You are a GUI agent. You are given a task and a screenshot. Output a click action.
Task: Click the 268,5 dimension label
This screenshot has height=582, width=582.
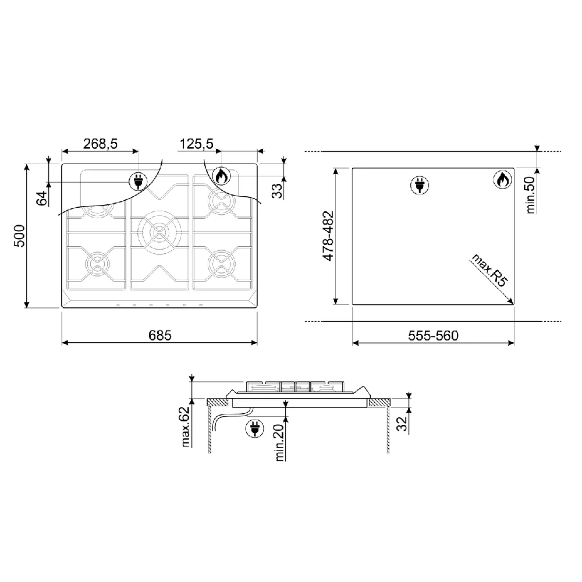[x=100, y=144]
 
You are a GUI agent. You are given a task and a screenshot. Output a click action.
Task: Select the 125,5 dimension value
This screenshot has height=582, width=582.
[x=196, y=144]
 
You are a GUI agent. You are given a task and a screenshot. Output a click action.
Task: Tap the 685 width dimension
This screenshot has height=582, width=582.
[x=160, y=336]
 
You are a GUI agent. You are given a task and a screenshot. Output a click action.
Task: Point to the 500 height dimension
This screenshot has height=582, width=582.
[x=19, y=236]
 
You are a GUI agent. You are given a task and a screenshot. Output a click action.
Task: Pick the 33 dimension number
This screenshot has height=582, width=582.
[x=277, y=191]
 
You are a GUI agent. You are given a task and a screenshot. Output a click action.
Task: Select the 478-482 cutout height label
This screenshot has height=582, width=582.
[x=328, y=236]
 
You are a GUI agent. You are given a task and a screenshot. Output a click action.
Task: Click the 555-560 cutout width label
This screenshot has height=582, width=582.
[x=433, y=336]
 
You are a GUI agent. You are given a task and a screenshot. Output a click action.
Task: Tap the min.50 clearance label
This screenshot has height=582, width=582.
[x=531, y=195]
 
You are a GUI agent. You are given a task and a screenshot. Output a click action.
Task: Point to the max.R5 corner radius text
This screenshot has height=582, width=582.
[x=489, y=270]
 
